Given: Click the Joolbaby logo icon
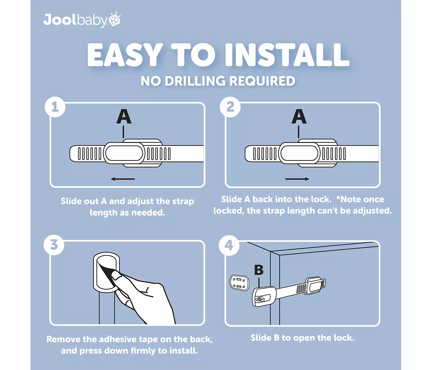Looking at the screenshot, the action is [x=115, y=19].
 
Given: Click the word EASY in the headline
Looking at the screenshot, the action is [x=125, y=55].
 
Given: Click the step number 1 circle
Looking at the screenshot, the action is [x=55, y=107].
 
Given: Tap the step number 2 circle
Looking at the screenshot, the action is [x=230, y=107].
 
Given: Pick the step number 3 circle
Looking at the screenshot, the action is [x=54, y=245].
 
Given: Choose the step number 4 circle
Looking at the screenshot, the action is [x=229, y=246].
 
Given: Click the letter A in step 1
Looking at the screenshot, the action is [x=124, y=116].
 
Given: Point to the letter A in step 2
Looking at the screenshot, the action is [x=299, y=116].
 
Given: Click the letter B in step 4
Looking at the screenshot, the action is [x=259, y=270].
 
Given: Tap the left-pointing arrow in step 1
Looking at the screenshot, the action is [x=123, y=179].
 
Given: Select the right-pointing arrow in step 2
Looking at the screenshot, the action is [x=297, y=179].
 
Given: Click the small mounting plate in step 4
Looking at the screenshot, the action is [x=239, y=283].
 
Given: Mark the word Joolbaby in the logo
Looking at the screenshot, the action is [x=76, y=20].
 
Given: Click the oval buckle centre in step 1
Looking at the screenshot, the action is [x=124, y=153].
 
